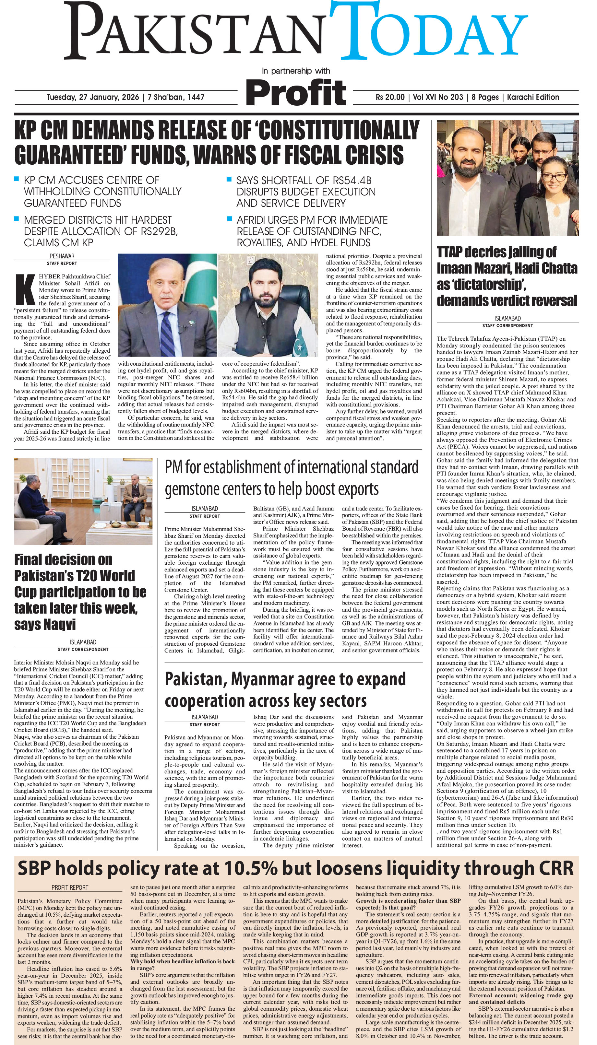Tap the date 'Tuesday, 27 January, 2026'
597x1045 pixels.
point(93,97)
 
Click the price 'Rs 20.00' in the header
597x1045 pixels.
point(389,97)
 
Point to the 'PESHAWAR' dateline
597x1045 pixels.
point(62,256)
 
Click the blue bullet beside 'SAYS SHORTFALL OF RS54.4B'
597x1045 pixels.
point(230,180)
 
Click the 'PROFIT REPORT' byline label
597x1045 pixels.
point(70,887)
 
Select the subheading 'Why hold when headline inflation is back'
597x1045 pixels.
point(183,961)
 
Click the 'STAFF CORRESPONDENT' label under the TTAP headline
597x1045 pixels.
point(507,326)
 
